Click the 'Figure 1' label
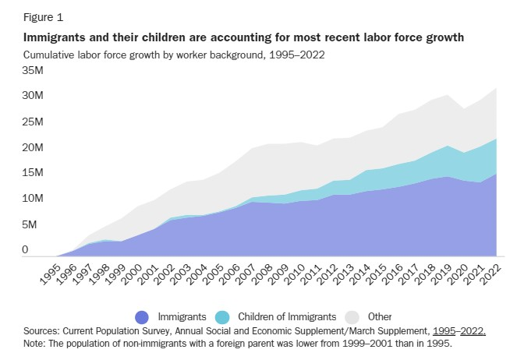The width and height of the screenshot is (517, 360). pos(44,15)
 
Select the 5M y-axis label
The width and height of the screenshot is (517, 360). pos(30,224)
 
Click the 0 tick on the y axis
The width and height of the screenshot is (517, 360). pos(25,250)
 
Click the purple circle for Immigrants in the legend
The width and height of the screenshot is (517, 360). pos(141,317)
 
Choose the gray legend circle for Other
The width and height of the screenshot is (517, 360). pos(353,317)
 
